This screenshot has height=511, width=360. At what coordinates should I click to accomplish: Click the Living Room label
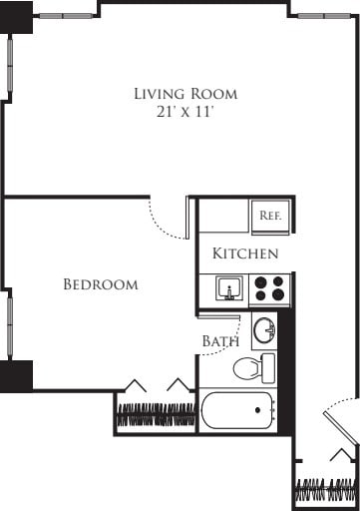(x=186, y=94)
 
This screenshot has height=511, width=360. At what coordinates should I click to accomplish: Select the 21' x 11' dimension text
(x=186, y=112)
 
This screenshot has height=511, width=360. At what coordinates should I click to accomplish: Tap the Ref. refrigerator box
(x=270, y=216)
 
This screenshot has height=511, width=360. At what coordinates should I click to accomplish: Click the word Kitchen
(x=245, y=255)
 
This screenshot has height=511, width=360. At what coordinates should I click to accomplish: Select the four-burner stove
(x=268, y=289)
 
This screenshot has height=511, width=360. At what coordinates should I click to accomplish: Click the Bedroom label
(x=100, y=285)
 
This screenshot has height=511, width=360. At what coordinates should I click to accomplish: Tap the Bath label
(x=220, y=341)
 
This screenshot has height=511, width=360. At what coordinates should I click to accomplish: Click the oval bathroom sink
(x=264, y=328)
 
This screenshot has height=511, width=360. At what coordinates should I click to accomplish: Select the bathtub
(x=237, y=410)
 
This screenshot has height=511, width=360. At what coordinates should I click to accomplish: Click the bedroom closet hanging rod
(x=156, y=414)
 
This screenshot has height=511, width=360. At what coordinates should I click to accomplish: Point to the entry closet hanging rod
(x=325, y=491)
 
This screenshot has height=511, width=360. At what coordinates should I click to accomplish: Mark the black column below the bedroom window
(x=16, y=375)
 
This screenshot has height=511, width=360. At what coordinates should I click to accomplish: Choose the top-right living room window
(x=323, y=16)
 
